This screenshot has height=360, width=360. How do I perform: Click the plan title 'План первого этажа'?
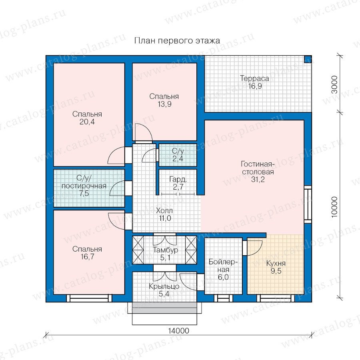pyautogui.click(x=177, y=41)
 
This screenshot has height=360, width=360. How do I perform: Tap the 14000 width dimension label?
pyautogui.click(x=179, y=331)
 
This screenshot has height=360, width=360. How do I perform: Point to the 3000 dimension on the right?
pyautogui.click(x=336, y=84)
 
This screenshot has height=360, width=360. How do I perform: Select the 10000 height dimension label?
pyautogui.click(x=335, y=206)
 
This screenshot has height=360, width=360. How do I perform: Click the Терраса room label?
pyautogui.click(x=254, y=78)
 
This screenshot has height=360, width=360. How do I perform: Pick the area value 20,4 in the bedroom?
pyautogui.click(x=87, y=122)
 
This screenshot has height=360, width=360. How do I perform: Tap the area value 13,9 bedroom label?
pyautogui.click(x=164, y=104)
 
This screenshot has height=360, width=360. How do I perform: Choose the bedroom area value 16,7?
pyautogui.click(x=87, y=256)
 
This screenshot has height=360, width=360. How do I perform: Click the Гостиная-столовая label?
pyautogui.click(x=258, y=168)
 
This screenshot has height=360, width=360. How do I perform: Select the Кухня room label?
pyautogui.click(x=276, y=263)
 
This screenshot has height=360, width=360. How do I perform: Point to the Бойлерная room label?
pyautogui.click(x=223, y=266)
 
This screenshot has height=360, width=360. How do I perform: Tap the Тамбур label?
pyautogui.click(x=165, y=250)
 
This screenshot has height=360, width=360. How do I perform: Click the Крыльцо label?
pyautogui.click(x=164, y=286)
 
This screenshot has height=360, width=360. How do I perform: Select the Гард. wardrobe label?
pyautogui.click(x=178, y=179)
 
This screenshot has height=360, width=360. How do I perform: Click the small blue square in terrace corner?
pyautogui.click(x=308, y=59)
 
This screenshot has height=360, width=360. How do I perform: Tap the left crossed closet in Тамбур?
pyautogui.click(x=138, y=250)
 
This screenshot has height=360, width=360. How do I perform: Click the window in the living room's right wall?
pyautogui.click(x=308, y=204)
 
